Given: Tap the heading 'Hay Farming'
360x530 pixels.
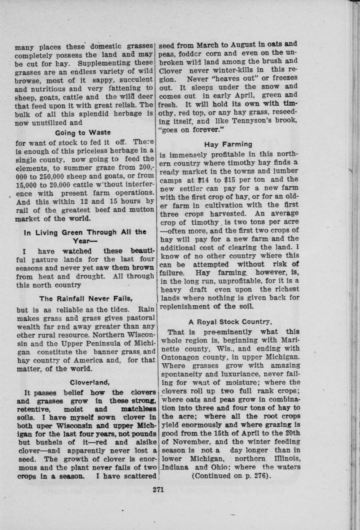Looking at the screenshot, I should [228, 144].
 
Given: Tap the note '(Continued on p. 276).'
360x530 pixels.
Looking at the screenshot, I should [231, 476].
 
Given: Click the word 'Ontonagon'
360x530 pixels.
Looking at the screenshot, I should [184, 357].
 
